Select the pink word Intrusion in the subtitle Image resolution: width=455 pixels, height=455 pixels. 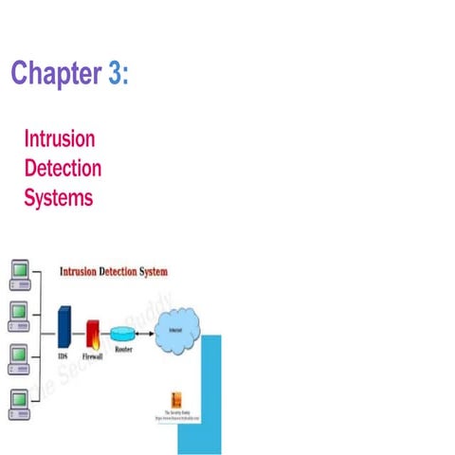[60, 139]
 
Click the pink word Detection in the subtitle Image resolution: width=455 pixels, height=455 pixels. [63, 169]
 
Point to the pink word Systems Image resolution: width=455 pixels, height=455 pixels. [59, 199]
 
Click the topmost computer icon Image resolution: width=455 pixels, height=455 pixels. [19, 273]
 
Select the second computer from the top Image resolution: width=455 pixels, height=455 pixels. [19, 315]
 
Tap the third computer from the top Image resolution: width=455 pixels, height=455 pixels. [19, 357]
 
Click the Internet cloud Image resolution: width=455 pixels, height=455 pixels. [177, 327]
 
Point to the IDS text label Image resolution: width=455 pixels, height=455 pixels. [63, 357]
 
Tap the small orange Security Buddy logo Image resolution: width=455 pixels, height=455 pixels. [175, 399]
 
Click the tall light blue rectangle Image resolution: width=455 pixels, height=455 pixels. [201, 393]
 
